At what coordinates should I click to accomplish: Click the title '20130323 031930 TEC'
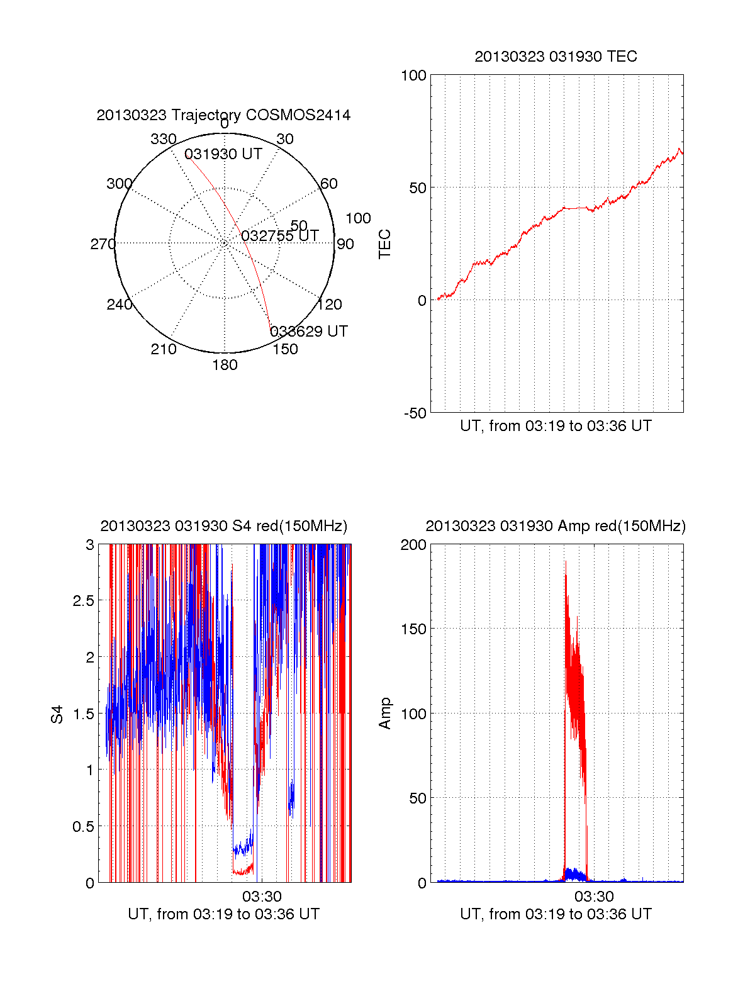pyautogui.click(x=556, y=57)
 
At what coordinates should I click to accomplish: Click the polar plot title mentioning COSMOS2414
pyautogui.click(x=223, y=115)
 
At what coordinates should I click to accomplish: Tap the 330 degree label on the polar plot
pyautogui.click(x=164, y=139)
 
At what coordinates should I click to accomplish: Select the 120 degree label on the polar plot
pyautogui.click(x=330, y=305)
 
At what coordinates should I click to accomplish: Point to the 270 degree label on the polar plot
pyautogui.click(x=103, y=244)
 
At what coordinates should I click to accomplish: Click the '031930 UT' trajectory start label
pyautogui.click(x=223, y=155)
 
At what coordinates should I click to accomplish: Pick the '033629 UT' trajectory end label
pyautogui.click(x=309, y=332)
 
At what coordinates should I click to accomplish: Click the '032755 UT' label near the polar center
pyautogui.click(x=280, y=236)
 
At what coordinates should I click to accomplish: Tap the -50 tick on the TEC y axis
pyautogui.click(x=415, y=413)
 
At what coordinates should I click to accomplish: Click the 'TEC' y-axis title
pyautogui.click(x=385, y=244)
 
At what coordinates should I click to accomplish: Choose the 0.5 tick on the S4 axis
pyautogui.click(x=83, y=827)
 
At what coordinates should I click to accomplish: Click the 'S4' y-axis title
pyautogui.click(x=57, y=714)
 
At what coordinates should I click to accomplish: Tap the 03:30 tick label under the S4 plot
pyautogui.click(x=262, y=896)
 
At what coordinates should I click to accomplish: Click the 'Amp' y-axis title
pyautogui.click(x=385, y=714)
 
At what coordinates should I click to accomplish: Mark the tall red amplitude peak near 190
pyautogui.click(x=565, y=563)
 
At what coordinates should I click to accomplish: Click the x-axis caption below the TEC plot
pyautogui.click(x=556, y=426)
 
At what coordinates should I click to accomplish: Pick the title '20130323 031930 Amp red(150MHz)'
pyautogui.click(x=556, y=526)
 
